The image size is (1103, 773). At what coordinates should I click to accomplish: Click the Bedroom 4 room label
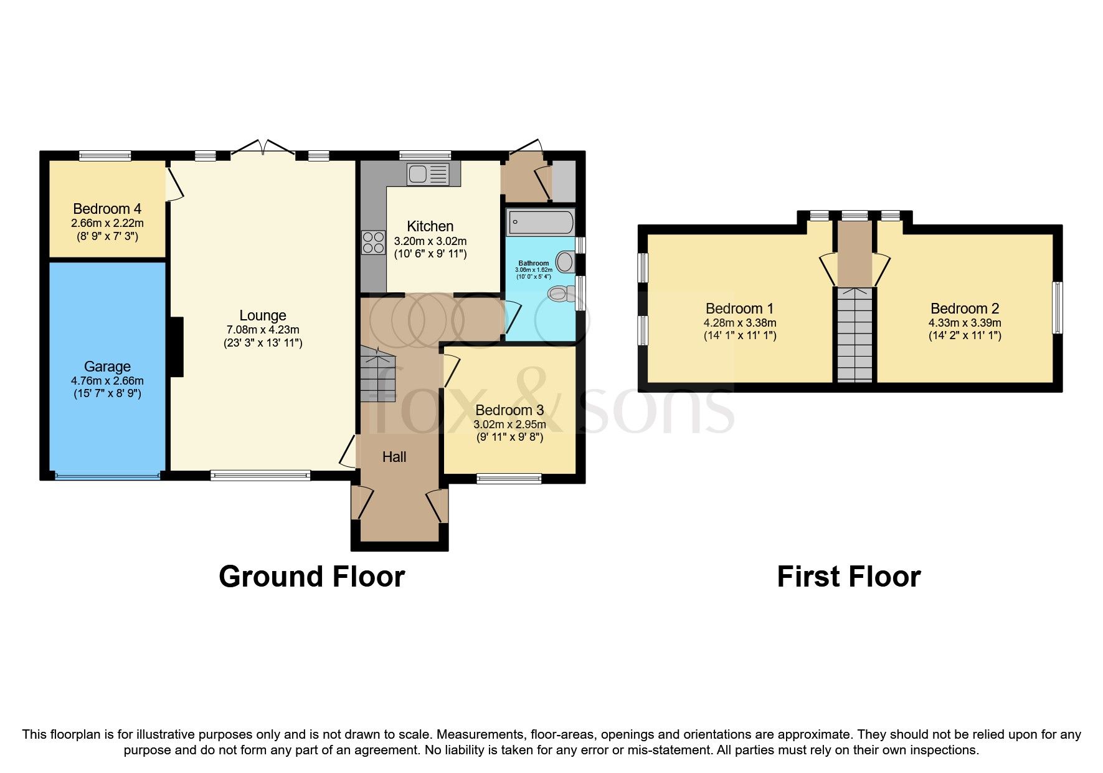[102, 209]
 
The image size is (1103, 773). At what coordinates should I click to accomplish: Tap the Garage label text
[107, 367]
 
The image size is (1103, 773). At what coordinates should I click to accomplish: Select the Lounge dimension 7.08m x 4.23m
[263, 330]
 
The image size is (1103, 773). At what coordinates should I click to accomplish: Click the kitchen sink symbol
[427, 174]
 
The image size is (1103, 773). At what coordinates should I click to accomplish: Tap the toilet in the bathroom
[558, 293]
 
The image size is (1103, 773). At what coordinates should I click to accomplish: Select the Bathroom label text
[534, 263]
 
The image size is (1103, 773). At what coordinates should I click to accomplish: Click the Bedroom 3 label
[509, 410]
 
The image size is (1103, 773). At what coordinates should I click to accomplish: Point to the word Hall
[394, 457]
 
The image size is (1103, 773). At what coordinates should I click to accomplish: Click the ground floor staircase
[377, 374]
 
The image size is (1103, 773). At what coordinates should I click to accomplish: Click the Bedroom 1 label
[739, 309]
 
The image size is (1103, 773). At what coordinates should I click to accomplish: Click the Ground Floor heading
[311, 577]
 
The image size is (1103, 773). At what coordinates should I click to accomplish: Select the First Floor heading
[848, 577]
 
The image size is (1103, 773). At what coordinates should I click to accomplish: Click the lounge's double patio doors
[263, 148]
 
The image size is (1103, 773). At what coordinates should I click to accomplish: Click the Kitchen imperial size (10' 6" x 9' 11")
[430, 254]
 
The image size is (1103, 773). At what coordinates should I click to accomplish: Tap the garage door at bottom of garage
[107, 476]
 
